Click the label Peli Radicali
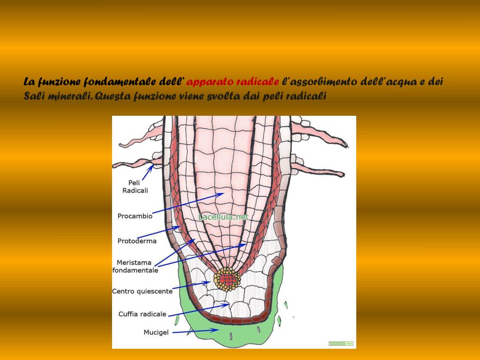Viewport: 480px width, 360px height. click(x=135, y=187)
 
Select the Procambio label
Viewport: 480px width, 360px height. click(x=135, y=216)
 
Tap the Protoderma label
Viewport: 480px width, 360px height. click(x=137, y=241)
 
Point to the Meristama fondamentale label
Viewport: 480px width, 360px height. click(x=135, y=266)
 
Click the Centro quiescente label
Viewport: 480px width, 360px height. click(x=142, y=291)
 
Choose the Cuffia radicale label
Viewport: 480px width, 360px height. click(x=142, y=314)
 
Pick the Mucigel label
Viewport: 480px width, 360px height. click(x=156, y=333)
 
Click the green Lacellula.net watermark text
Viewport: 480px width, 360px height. click(x=223, y=217)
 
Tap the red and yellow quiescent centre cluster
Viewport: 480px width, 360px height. click(x=227, y=279)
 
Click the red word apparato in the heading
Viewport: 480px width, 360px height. click(x=210, y=82)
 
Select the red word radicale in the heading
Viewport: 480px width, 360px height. click(x=257, y=82)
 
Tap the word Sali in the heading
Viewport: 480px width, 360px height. click(x=33, y=97)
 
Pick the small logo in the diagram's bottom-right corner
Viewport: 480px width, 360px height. click(x=340, y=344)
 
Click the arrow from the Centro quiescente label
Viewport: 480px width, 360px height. click(x=190, y=285)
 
